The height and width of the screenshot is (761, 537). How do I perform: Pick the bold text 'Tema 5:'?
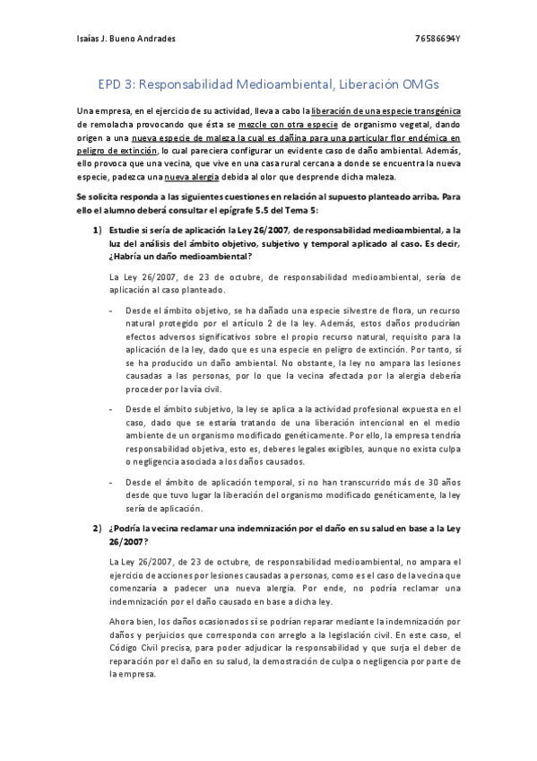tap(320, 210)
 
